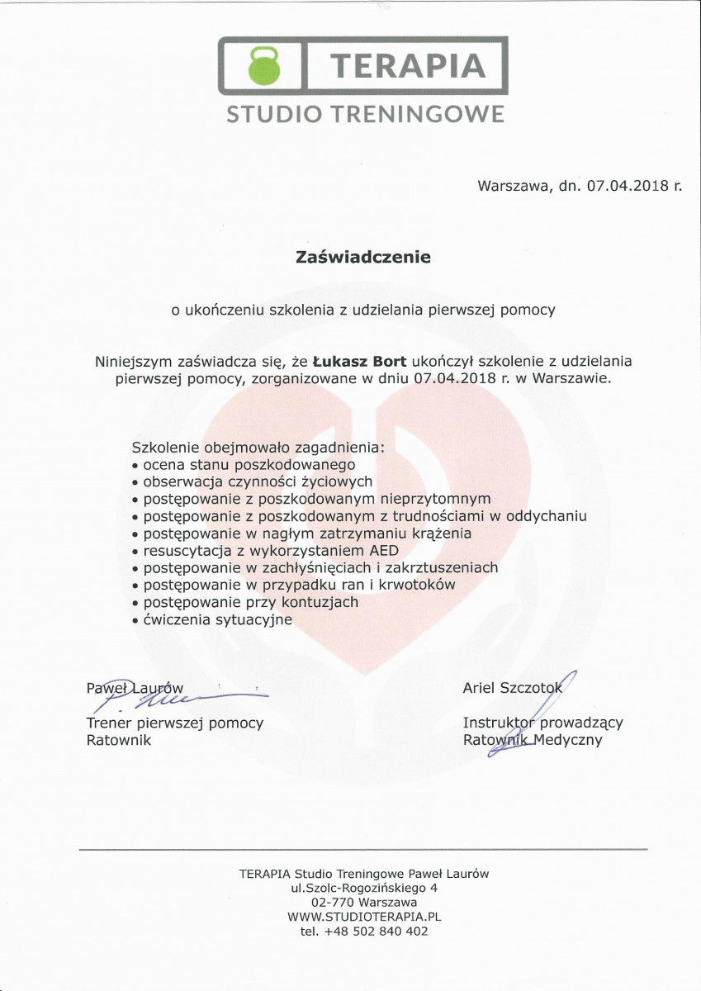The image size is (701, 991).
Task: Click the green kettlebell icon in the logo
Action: pyautogui.click(x=264, y=65)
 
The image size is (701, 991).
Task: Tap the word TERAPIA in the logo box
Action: pyautogui.click(x=406, y=65)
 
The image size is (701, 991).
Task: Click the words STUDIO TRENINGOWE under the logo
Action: pyautogui.click(x=365, y=114)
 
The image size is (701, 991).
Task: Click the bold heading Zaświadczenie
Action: pyautogui.click(x=363, y=257)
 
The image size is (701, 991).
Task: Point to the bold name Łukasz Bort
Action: pyautogui.click(x=360, y=361)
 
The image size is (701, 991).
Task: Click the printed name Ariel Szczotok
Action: pyautogui.click(x=512, y=689)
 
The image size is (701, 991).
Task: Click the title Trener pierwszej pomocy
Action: pyautogui.click(x=175, y=723)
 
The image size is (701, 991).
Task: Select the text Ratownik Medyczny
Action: pyautogui.click(x=533, y=740)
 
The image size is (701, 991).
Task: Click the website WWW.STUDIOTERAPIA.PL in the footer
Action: pyautogui.click(x=364, y=917)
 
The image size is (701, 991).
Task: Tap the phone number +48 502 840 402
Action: pyautogui.click(x=377, y=932)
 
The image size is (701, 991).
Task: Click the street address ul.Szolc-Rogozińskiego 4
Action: pyautogui.click(x=364, y=888)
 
